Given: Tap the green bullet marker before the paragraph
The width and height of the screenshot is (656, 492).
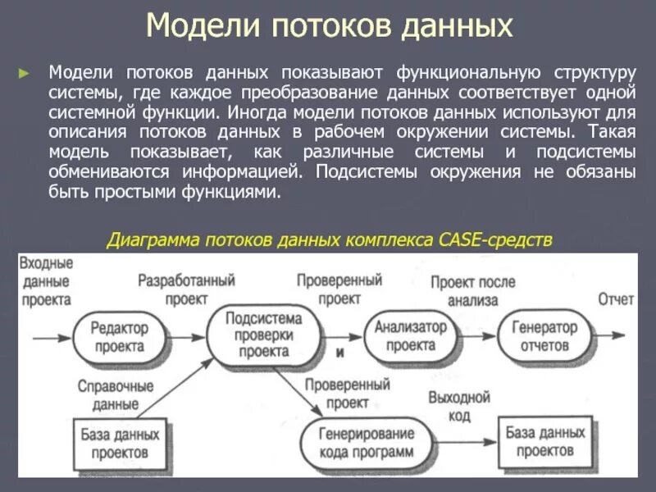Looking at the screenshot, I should (25, 72).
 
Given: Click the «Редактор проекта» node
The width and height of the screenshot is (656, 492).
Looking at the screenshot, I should (119, 336).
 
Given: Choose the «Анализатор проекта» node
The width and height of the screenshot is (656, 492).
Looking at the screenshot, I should (411, 335).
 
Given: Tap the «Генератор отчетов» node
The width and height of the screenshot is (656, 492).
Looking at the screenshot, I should (544, 336).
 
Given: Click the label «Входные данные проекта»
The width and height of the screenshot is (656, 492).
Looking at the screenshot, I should (47, 281).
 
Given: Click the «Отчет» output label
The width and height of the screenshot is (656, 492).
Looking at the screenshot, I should (615, 299).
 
